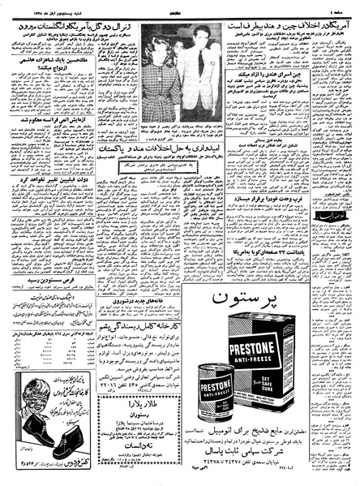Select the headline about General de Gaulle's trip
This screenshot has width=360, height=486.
tap(77, 26)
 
